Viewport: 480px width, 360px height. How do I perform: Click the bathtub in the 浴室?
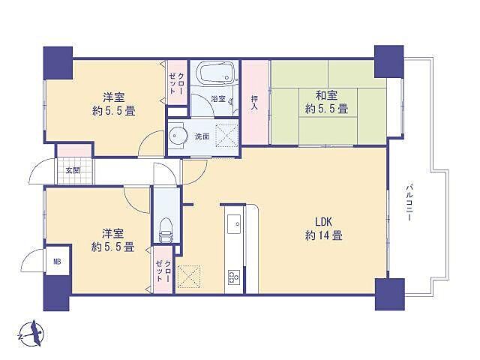pyautogui.click(x=215, y=76)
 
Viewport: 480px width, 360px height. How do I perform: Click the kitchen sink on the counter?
pyautogui.click(x=232, y=223)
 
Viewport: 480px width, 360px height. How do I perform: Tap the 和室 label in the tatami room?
pyautogui.click(x=326, y=96)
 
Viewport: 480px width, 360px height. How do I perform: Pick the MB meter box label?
pyautogui.click(x=57, y=262)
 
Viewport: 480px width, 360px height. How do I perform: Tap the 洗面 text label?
pyautogui.click(x=202, y=136)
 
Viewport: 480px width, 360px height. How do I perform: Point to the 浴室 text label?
pyautogui.click(x=217, y=99)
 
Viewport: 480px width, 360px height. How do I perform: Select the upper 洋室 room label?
pyautogui.click(x=113, y=96)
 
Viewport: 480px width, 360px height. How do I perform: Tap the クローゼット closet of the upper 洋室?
pyautogui.click(x=177, y=88)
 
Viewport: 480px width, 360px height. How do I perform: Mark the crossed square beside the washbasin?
pyautogui.click(x=226, y=136)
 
